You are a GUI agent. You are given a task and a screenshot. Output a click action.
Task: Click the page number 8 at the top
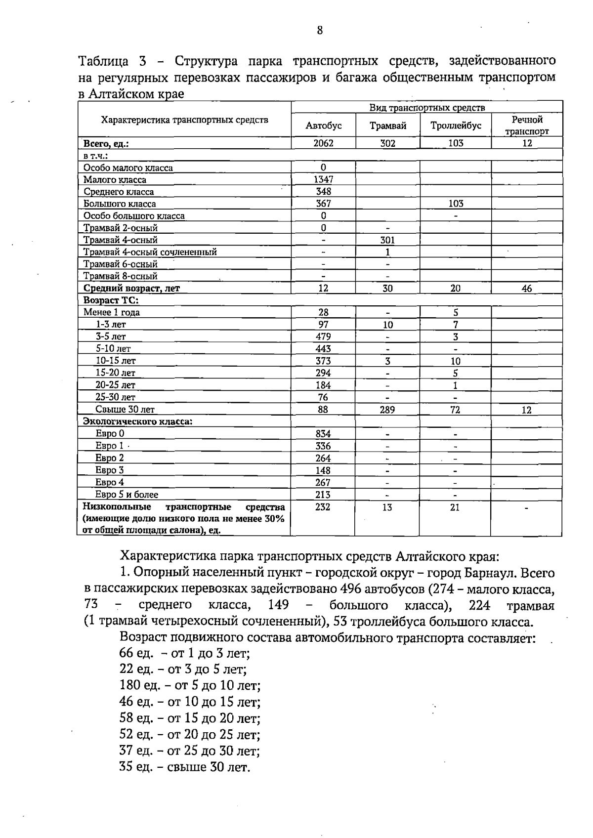pyautogui.click(x=320, y=31)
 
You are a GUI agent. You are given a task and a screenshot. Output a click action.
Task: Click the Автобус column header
pyautogui.click(x=324, y=126)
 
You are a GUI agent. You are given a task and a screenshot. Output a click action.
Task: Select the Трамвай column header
pyautogui.click(x=388, y=126)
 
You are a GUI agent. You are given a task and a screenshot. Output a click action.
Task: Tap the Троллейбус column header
pyautogui.click(x=456, y=126)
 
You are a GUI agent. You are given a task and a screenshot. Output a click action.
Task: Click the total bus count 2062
pyautogui.click(x=324, y=143)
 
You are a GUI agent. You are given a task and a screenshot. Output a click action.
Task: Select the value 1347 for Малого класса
pyautogui.click(x=324, y=180)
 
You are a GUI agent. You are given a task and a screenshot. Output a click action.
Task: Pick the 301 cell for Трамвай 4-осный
pyautogui.click(x=387, y=240)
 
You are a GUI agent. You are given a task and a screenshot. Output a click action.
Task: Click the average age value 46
pyautogui.click(x=527, y=289)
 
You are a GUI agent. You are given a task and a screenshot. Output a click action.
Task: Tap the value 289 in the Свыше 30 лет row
pyautogui.click(x=387, y=410)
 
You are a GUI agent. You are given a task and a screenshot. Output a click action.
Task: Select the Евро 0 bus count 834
pyautogui.click(x=323, y=434)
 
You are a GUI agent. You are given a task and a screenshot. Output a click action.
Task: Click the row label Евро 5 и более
pyautogui.click(x=127, y=495)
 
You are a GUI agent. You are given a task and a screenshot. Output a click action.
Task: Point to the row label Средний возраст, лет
pyautogui.click(x=131, y=289)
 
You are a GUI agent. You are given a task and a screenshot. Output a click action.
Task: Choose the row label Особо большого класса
pyautogui.click(x=134, y=216)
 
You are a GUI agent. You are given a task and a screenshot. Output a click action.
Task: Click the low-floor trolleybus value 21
pyautogui.click(x=455, y=507)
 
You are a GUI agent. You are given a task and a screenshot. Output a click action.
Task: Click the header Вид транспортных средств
pyautogui.click(x=427, y=108)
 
